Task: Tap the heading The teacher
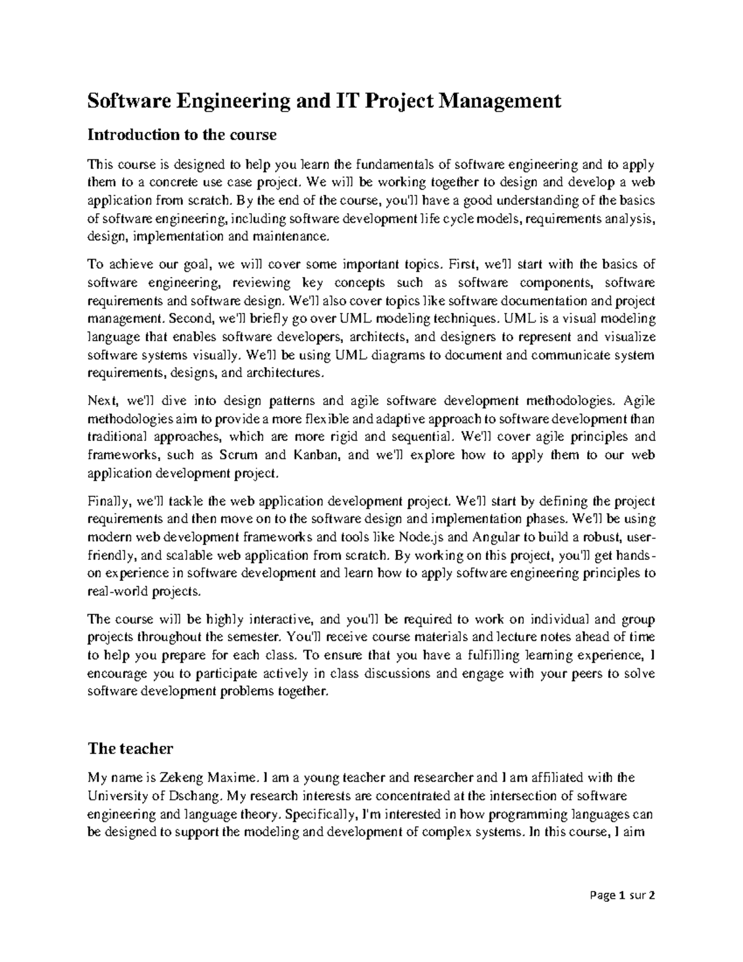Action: (x=130, y=748)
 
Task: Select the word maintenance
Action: (x=295, y=237)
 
